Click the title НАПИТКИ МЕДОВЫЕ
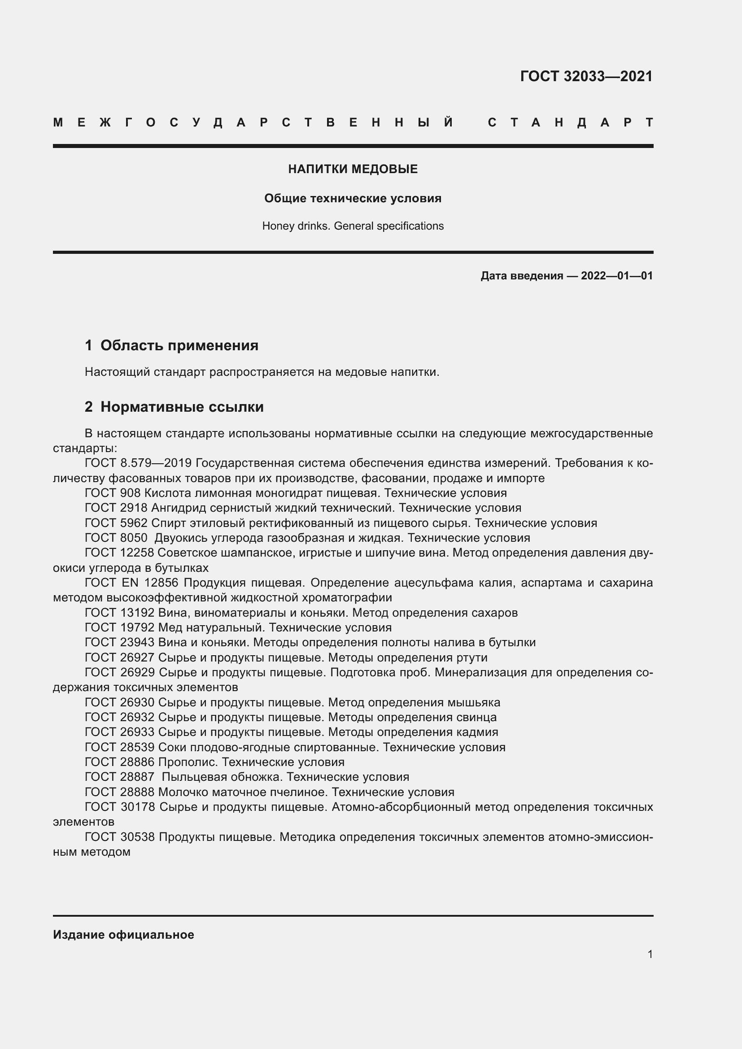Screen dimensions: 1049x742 pyautogui.click(x=353, y=169)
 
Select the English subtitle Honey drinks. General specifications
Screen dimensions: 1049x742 pyautogui.click(x=353, y=226)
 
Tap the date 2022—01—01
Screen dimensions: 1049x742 pyautogui.click(x=616, y=276)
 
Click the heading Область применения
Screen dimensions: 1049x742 pyautogui.click(x=179, y=345)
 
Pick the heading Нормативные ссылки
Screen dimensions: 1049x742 pyautogui.click(x=182, y=407)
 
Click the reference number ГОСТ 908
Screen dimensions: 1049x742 pyautogui.click(x=113, y=493)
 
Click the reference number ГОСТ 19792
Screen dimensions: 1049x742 pyautogui.click(x=120, y=627)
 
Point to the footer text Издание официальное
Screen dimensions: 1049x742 pyautogui.click(x=123, y=935)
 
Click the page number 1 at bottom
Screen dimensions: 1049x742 pyautogui.click(x=650, y=954)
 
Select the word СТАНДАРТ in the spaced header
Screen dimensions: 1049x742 pyautogui.click(x=570, y=122)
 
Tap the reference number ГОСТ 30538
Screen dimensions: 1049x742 pyautogui.click(x=120, y=837)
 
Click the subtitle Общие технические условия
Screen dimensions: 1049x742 pyautogui.click(x=353, y=198)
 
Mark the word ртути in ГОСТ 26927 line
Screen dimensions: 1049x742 pyautogui.click(x=471, y=657)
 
